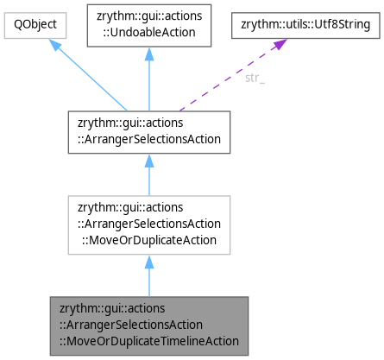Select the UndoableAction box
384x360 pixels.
click(149, 26)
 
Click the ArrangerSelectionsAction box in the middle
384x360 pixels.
click(149, 132)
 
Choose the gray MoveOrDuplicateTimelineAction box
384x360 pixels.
click(149, 323)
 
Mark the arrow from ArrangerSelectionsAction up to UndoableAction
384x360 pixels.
click(149, 82)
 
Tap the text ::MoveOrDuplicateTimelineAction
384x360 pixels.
click(149, 339)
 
